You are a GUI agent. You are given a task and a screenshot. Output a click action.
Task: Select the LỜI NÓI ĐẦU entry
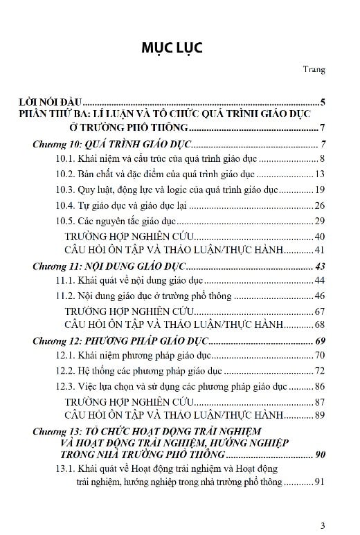pyautogui.click(x=51, y=101)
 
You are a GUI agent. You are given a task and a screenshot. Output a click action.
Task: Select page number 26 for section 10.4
pyautogui.click(x=320, y=206)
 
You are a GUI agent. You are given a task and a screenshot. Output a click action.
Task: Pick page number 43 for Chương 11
pyautogui.click(x=320, y=266)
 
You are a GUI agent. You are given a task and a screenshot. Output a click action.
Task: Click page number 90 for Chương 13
pyautogui.click(x=320, y=455)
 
